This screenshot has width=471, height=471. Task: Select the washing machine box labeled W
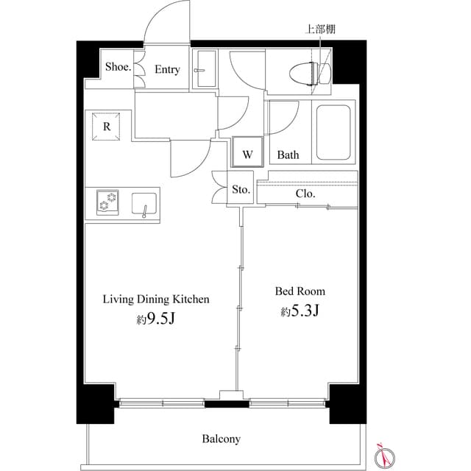pos(248,155)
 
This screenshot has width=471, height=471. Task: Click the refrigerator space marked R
pos(107,127)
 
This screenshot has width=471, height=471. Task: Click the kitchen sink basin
pos(144,202)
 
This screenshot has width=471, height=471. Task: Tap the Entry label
pos(167,70)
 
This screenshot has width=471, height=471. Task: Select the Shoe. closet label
pos(118,66)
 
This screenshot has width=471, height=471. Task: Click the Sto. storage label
pos(241,190)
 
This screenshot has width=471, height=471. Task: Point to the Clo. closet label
pos(305,194)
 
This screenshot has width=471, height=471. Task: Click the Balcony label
pos(221,439)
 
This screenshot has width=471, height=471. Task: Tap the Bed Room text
pos(300,291)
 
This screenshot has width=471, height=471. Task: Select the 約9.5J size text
pos(155,320)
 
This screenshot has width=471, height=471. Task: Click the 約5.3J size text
pos(300,312)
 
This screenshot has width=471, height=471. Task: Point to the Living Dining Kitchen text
pos(156,300)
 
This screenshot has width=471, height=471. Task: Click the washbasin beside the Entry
pos(203,71)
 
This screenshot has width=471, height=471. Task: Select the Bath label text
pos(288,155)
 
